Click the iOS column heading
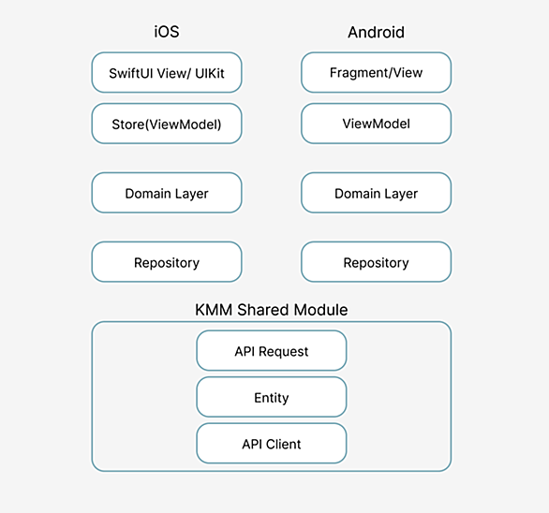(x=167, y=32)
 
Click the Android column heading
(x=376, y=32)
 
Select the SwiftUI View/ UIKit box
(x=167, y=72)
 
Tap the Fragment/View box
(x=376, y=72)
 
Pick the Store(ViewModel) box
(x=167, y=124)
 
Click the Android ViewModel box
(x=376, y=124)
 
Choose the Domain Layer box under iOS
(x=167, y=193)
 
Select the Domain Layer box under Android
(x=376, y=193)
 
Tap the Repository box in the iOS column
(x=167, y=262)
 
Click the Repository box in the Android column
(x=376, y=262)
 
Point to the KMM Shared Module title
(x=272, y=310)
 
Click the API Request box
(x=272, y=351)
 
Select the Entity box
(x=272, y=397)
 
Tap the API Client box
(x=272, y=444)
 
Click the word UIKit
(x=210, y=73)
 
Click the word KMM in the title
(x=214, y=310)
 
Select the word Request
(x=283, y=352)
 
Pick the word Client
(x=283, y=444)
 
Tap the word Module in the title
(x=320, y=310)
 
